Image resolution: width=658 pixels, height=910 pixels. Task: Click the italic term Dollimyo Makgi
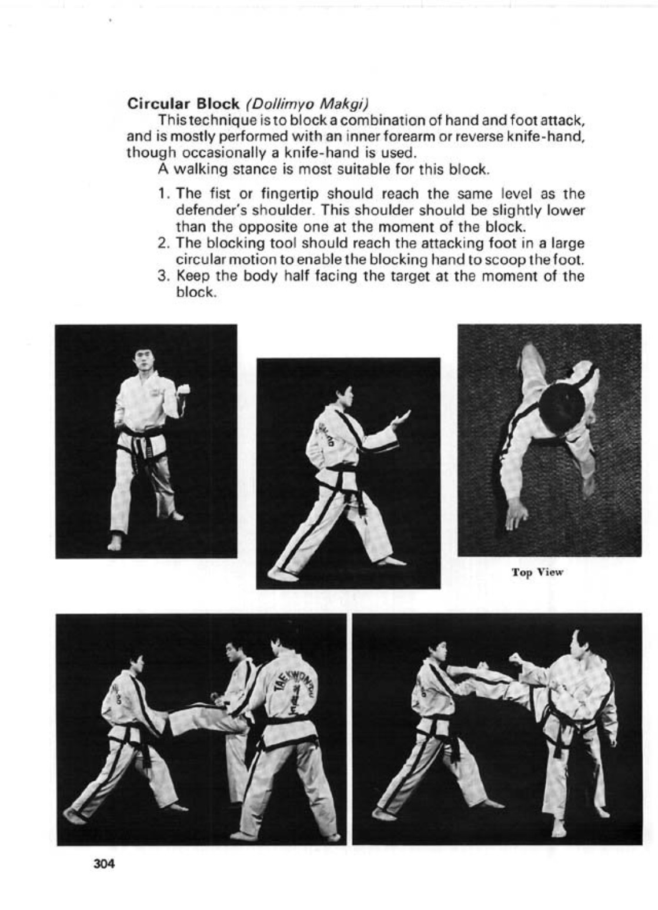(307, 104)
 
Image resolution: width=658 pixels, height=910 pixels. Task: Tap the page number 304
(103, 864)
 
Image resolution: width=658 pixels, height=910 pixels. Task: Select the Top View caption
(537, 572)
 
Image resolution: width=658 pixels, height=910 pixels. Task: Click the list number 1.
(164, 194)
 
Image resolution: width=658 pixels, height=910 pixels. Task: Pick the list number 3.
(164, 276)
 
